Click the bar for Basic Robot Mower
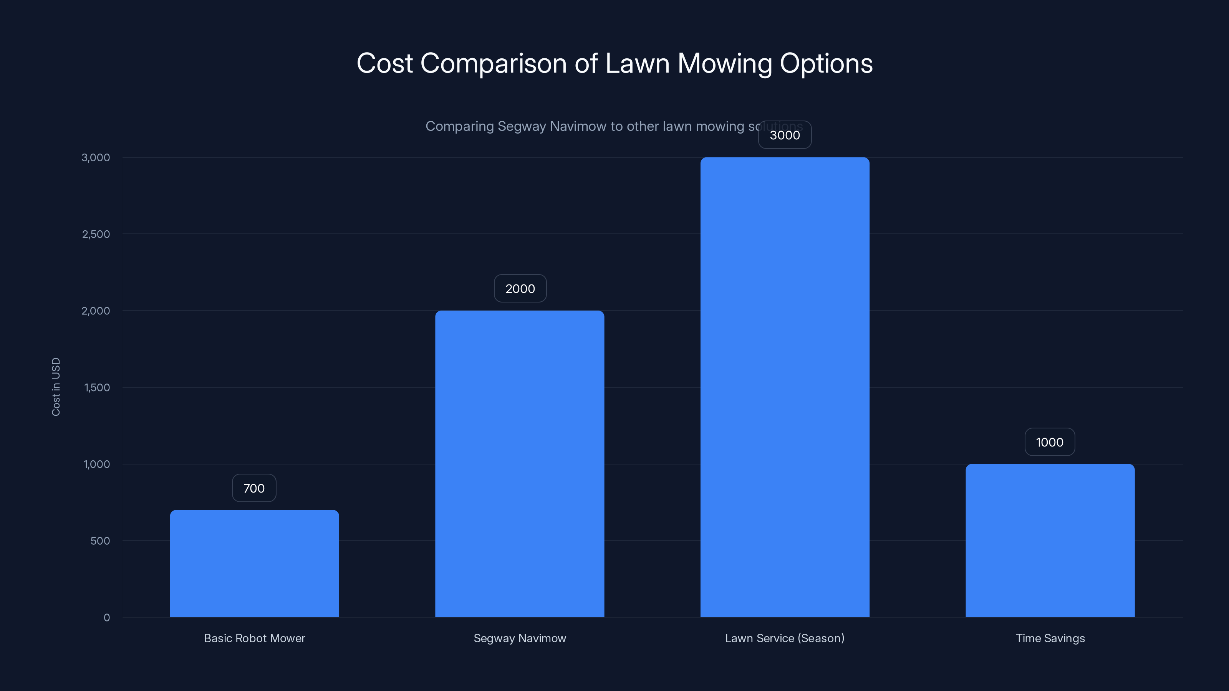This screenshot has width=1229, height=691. [x=254, y=563]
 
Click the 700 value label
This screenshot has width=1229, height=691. [x=254, y=488]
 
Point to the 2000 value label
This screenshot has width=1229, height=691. [x=520, y=289]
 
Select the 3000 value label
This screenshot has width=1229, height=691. [x=785, y=136]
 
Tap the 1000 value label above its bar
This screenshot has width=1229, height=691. [x=1050, y=442]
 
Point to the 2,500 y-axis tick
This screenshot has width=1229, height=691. [x=96, y=234]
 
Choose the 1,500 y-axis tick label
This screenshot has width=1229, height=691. [x=97, y=388]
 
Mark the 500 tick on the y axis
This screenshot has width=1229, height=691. [x=100, y=541]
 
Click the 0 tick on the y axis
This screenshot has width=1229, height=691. [x=107, y=618]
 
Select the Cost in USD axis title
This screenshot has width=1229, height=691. [x=56, y=387]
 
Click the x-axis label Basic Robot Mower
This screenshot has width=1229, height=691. [x=254, y=638]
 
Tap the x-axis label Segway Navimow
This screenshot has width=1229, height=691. [x=520, y=638]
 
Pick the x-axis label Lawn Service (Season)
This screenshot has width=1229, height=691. [x=785, y=638]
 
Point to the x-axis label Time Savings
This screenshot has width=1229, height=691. [x=1050, y=638]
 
